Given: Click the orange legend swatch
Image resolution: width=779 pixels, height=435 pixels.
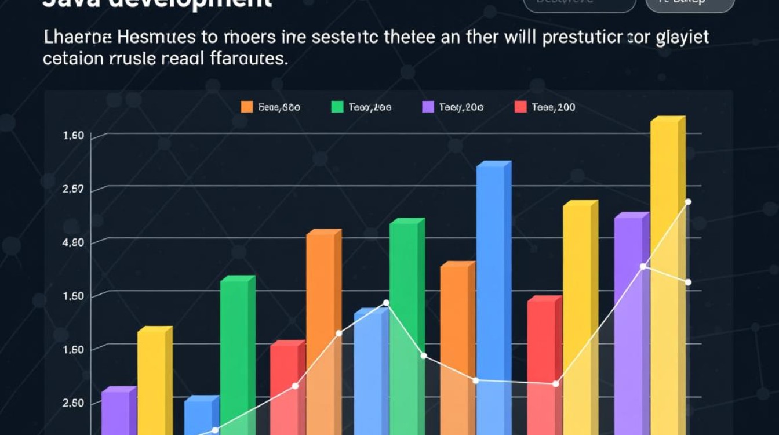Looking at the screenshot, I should (247, 107).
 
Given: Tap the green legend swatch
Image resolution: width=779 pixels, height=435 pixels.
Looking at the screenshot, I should (337, 107).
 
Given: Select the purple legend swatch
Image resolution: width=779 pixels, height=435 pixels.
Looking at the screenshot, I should (428, 107).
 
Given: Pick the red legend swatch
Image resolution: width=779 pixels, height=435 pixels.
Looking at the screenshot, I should (520, 107).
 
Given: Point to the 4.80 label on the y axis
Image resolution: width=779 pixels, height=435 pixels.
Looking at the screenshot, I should (72, 242).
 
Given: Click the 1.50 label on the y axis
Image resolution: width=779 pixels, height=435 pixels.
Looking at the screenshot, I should (72, 296).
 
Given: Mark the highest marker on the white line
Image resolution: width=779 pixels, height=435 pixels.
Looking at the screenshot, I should (688, 202).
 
